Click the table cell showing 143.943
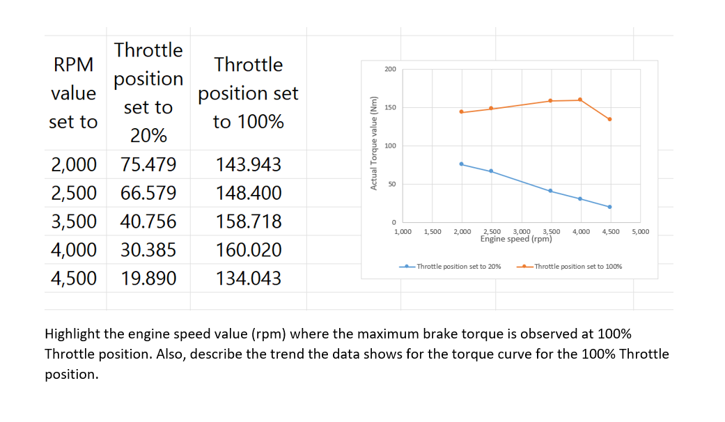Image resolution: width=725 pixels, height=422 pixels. tap(249, 165)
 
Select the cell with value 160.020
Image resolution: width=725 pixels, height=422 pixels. tap(249, 250)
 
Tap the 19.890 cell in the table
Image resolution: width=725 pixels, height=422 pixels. tap(148, 279)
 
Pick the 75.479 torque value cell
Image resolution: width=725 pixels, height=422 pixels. tap(148, 165)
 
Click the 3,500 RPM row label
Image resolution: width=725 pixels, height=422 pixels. tap(74, 221)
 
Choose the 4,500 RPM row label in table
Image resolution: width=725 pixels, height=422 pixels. tap(74, 279)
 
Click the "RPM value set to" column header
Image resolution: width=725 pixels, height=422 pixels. tap(74, 93)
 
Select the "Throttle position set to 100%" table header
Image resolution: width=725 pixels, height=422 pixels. tap(249, 93)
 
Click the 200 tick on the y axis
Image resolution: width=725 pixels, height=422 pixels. tap(390, 70)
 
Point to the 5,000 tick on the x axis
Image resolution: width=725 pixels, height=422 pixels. tap(640, 231)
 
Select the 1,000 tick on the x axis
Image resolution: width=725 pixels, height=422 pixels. tap(402, 231)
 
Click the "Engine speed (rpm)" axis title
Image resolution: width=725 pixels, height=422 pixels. tap(516, 239)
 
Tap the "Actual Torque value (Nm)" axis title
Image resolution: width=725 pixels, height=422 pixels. tap(374, 146)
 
